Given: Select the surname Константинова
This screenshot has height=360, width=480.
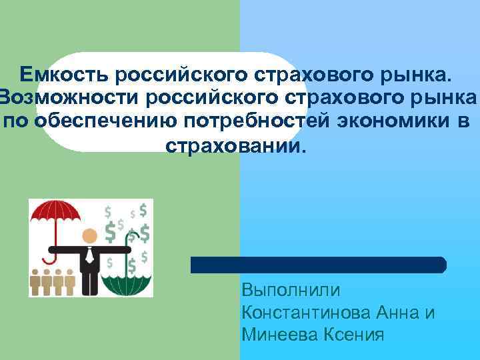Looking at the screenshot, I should [x=299, y=312].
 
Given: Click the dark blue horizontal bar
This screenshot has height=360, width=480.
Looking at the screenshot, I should [x=319, y=265].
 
